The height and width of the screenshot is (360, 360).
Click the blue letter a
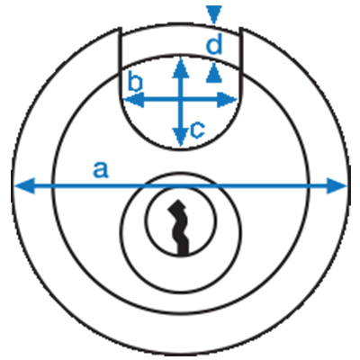(101, 170)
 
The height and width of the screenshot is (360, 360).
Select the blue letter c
(198, 130)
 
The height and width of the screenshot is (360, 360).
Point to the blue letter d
(214, 44)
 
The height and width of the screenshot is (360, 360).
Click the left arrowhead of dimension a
(24, 186)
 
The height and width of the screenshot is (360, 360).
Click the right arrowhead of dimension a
(337, 186)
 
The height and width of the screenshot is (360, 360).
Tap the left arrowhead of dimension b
(134, 100)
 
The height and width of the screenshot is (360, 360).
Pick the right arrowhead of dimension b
(227, 100)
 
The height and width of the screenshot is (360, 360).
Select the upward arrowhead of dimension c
(181, 67)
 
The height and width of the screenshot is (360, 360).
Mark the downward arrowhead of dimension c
(181, 137)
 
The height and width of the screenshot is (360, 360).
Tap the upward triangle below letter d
(214, 73)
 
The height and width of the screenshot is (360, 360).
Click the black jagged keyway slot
(179, 228)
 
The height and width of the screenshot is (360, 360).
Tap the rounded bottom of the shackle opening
(181, 148)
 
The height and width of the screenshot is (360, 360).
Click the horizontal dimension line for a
(181, 186)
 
